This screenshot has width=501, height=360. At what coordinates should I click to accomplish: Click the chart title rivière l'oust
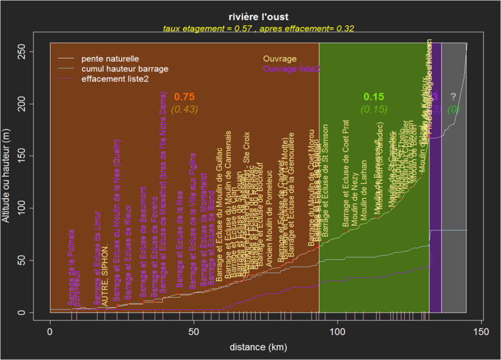click(x=258, y=18)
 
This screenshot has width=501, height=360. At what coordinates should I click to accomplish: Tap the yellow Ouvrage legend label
click(x=280, y=58)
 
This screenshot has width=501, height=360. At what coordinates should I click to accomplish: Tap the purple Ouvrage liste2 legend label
click(x=292, y=68)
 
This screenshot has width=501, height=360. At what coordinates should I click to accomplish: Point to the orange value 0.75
click(x=184, y=97)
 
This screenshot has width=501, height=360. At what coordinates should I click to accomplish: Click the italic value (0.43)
click(x=184, y=109)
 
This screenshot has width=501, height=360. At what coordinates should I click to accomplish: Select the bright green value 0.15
click(x=374, y=97)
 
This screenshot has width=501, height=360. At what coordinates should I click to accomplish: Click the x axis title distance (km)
click(x=258, y=346)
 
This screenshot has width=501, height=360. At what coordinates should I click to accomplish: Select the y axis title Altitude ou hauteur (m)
click(x=8, y=182)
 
